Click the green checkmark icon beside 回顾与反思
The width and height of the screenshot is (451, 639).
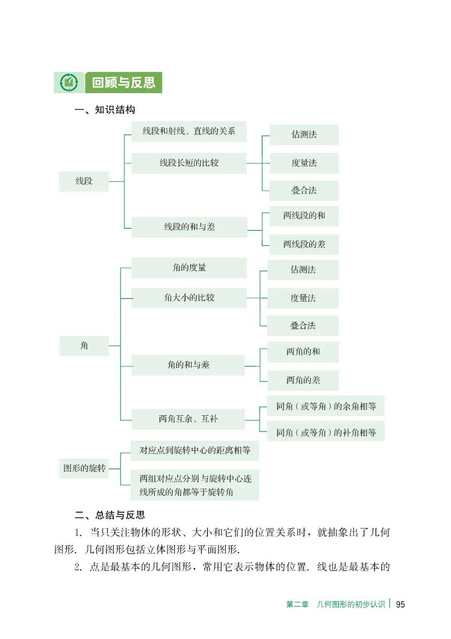69,83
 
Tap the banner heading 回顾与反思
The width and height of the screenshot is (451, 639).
124,83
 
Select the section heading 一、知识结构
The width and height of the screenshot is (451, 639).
105,110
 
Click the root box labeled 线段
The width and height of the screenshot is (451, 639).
84,181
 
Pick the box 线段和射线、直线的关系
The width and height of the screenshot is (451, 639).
189,131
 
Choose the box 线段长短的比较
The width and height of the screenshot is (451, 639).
189,163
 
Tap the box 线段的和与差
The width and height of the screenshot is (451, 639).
189,227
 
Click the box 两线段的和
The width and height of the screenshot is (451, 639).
304,216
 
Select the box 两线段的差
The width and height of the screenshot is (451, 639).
304,245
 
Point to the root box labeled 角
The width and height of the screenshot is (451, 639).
84,346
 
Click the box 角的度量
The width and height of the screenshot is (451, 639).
189,268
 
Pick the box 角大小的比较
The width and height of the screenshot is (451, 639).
189,298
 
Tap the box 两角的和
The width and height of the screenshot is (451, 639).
303,352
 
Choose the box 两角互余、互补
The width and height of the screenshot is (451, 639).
188,419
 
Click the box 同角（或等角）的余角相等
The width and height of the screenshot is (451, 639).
326,406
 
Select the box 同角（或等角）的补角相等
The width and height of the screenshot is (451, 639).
326,432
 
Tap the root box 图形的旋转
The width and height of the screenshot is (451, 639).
84,468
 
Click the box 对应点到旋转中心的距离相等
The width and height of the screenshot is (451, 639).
195,451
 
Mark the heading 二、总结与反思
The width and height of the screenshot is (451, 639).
110,515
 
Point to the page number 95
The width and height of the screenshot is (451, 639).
400,604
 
